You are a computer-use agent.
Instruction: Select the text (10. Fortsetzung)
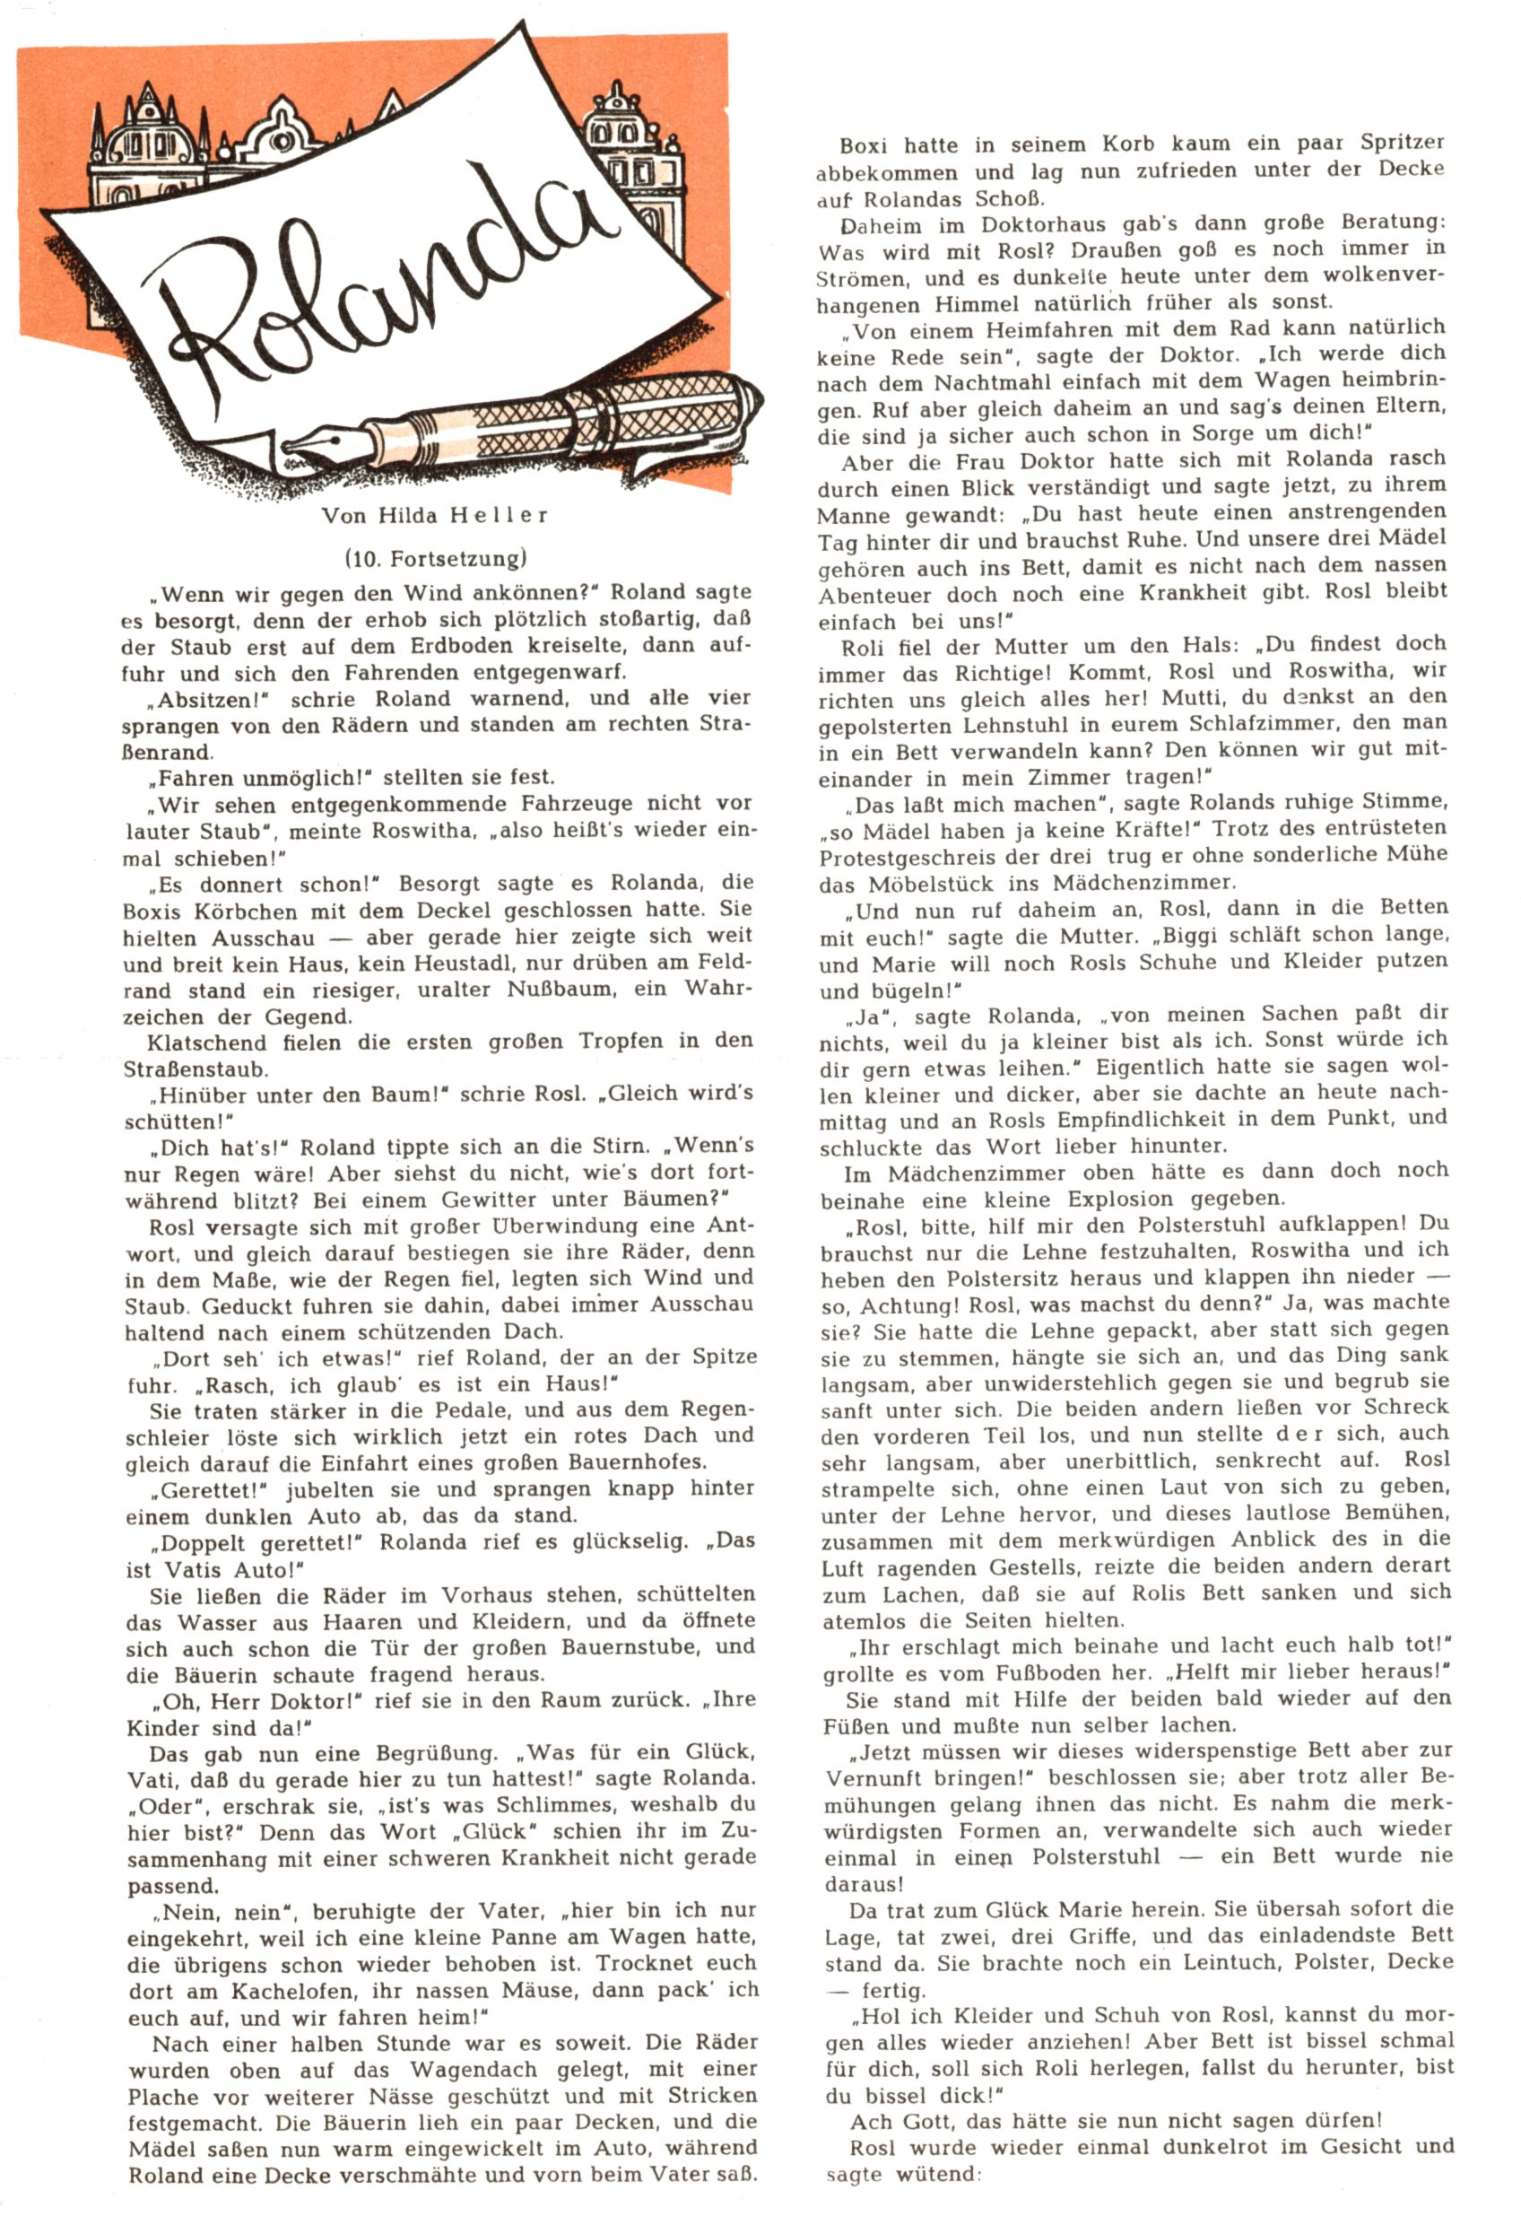(436, 557)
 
